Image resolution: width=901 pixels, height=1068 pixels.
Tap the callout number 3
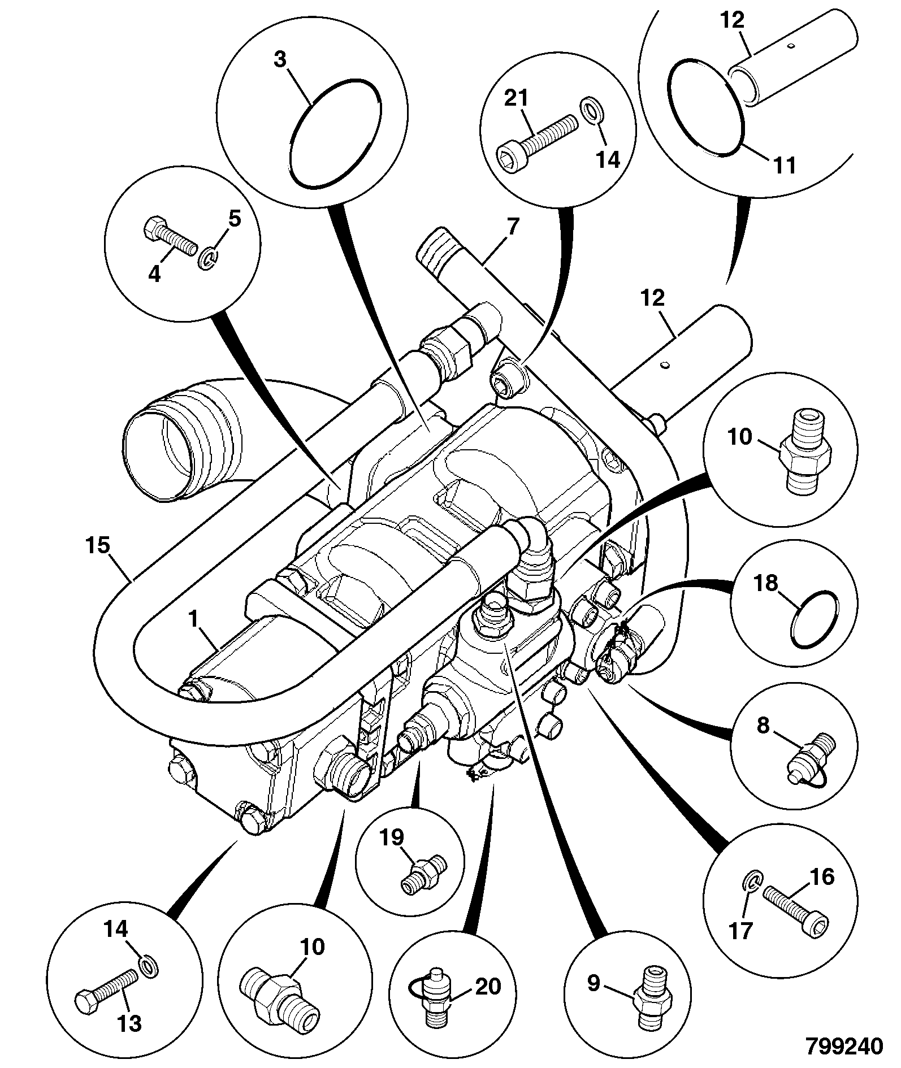(x=280, y=59)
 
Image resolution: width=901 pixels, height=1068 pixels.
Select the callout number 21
(x=516, y=99)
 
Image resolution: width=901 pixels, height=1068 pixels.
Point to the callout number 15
(x=98, y=547)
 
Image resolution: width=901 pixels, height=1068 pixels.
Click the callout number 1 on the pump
(x=193, y=620)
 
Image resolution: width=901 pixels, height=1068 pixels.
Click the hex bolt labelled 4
(x=168, y=239)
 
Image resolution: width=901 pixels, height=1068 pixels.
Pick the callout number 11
(x=784, y=166)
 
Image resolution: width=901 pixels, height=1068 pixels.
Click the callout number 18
(x=766, y=583)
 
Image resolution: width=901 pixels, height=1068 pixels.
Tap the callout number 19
(x=391, y=837)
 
